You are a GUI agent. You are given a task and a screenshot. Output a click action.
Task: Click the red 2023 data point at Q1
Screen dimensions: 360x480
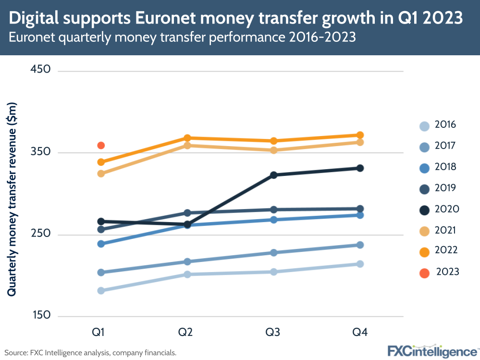pos(101,145)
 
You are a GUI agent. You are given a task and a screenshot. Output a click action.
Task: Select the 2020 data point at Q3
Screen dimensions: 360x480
pos(274,175)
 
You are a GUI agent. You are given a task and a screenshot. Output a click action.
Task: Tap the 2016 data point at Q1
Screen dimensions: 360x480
pos(101,290)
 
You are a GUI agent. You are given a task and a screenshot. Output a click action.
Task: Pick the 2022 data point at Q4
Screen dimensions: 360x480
pos(360,135)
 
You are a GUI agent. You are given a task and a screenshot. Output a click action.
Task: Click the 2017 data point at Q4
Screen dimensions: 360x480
pos(360,245)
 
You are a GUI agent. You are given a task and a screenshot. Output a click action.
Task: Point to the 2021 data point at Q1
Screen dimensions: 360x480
pos(101,173)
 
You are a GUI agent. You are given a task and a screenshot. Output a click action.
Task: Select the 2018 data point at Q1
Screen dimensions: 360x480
pos(101,244)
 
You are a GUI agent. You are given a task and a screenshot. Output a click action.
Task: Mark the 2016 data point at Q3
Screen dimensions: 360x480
pos(274,272)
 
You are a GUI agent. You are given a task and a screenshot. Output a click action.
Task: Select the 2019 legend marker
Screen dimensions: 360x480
pos(424,188)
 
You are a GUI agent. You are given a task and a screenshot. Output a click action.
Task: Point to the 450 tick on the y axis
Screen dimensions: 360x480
pos(40,70)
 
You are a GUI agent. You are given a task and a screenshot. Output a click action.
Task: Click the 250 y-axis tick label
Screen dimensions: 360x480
pos(40,234)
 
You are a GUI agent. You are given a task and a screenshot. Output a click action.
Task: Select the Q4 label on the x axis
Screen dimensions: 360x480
pos(360,333)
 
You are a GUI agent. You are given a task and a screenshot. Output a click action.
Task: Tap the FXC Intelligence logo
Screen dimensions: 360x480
pos(432,350)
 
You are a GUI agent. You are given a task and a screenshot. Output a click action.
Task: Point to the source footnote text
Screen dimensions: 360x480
pos(91,353)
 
